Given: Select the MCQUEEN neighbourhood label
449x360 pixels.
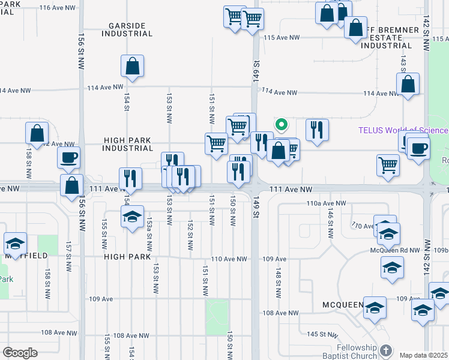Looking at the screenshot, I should pyautogui.click(x=343, y=304).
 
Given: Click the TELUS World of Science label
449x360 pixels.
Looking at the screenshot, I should pyautogui.click(x=402, y=130).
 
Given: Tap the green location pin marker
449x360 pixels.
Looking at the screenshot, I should pyautogui.click(x=280, y=125).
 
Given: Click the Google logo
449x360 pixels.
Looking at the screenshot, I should pyautogui.click(x=20, y=353).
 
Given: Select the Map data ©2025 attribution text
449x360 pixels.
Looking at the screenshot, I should pyautogui.click(x=424, y=355).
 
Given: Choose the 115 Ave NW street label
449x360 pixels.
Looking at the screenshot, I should pyautogui.click(x=282, y=38).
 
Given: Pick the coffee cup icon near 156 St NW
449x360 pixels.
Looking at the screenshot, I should pyautogui.click(x=68, y=157).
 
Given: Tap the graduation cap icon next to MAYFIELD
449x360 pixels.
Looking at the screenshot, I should pyautogui.click(x=15, y=244).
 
